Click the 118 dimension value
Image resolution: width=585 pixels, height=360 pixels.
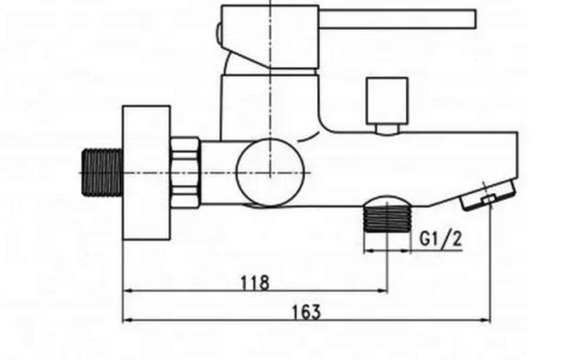click(x=255, y=282)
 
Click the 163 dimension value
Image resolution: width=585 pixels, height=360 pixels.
click(x=306, y=312)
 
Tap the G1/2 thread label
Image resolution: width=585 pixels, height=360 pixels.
click(x=441, y=238)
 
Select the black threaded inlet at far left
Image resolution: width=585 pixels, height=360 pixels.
click(x=102, y=173)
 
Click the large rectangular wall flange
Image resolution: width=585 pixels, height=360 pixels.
click(x=146, y=173)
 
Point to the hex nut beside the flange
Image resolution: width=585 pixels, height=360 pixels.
click(x=185, y=173)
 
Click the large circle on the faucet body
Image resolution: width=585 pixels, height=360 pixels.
click(x=271, y=173)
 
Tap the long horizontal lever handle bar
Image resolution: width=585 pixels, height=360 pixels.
click(x=397, y=19)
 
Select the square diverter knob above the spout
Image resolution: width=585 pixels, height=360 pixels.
click(x=387, y=101)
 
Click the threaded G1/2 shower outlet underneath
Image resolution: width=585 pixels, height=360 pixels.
click(x=387, y=219)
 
